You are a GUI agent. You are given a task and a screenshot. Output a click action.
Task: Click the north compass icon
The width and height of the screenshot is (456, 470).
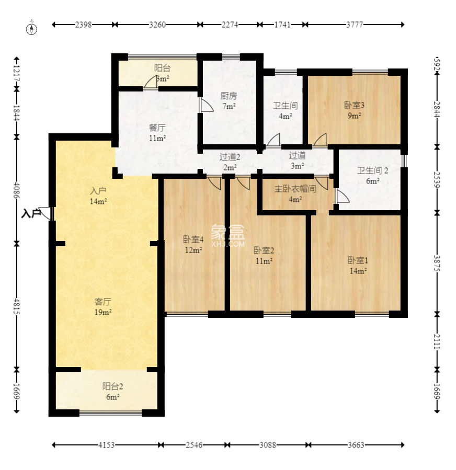pyautogui.click(x=31, y=28)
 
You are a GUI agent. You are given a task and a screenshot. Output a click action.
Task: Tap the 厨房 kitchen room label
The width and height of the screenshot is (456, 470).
pyautogui.click(x=229, y=96)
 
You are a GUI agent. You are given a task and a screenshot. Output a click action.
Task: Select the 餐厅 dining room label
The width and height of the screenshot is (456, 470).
pyautogui.click(x=157, y=128)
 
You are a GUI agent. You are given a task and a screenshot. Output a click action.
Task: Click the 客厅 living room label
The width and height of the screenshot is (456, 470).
pyautogui.click(x=103, y=302)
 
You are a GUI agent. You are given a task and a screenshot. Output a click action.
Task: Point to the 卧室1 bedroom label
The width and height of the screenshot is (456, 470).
pyautogui.click(x=358, y=260)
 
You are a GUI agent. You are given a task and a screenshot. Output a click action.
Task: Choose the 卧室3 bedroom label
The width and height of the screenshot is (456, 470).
pyautogui.click(x=354, y=105)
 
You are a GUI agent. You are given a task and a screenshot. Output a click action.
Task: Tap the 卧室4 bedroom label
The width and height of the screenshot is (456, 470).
pyautogui.click(x=193, y=239)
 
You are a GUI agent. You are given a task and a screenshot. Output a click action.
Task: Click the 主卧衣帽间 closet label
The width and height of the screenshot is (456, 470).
pyautogui.click(x=295, y=189)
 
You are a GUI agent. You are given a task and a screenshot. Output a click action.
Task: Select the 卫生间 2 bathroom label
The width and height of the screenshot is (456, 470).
pyautogui.click(x=373, y=170)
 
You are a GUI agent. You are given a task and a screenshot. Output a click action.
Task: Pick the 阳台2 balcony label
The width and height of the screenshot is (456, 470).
pyautogui.click(x=113, y=386)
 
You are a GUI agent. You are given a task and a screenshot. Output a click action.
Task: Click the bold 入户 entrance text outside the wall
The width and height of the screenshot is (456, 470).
pyautogui.click(x=31, y=213)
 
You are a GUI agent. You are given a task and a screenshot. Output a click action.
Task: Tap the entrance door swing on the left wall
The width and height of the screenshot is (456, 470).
pyautogui.click(x=45, y=213)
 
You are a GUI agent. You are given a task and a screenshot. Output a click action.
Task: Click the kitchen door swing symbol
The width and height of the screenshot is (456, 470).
pyautogui.click(x=206, y=105)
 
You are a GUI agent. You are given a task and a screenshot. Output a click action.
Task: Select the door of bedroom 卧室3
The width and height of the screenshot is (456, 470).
pyautogui.click(x=320, y=140)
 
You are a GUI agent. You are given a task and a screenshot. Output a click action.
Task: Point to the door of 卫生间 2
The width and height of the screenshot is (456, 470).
pyautogui.click(x=343, y=196)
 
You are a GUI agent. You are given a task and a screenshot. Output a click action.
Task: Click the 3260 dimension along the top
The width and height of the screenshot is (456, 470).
pyautogui.click(x=157, y=25)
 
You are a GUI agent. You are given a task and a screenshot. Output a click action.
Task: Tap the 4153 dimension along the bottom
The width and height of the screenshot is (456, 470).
pyautogui.click(x=107, y=445)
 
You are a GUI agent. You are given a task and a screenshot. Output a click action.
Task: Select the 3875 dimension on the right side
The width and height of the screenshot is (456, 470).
pyautogui.click(x=437, y=263)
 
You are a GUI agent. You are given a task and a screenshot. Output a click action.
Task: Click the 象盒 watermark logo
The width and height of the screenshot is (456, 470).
pyautogui.click(x=228, y=236)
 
